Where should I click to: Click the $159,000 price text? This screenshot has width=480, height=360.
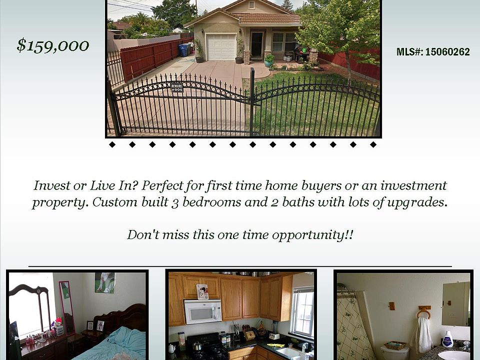pos(52,45)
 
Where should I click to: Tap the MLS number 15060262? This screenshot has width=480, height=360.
pos(447,51)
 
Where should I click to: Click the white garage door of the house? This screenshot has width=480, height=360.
pos(221,47)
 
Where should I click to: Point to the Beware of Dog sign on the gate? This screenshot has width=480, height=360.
pos(176,87)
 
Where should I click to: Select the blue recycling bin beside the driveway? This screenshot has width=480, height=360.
pos(183,50)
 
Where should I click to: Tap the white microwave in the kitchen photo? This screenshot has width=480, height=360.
pos(202,311)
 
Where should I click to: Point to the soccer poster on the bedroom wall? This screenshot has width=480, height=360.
pos(104,282)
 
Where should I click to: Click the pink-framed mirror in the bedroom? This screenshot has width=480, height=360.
pos(67,307)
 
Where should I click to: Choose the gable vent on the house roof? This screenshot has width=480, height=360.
pos(252,5)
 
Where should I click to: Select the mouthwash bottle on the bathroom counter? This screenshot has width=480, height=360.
pos(447,338)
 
